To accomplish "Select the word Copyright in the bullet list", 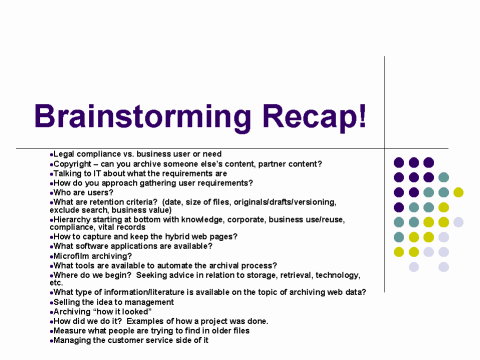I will point(73,163).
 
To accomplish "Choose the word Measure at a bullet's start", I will point(70,331).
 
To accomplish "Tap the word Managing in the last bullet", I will point(72,341).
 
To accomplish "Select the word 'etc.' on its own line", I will point(56,282).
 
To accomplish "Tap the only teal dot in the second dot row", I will point(443,177).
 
